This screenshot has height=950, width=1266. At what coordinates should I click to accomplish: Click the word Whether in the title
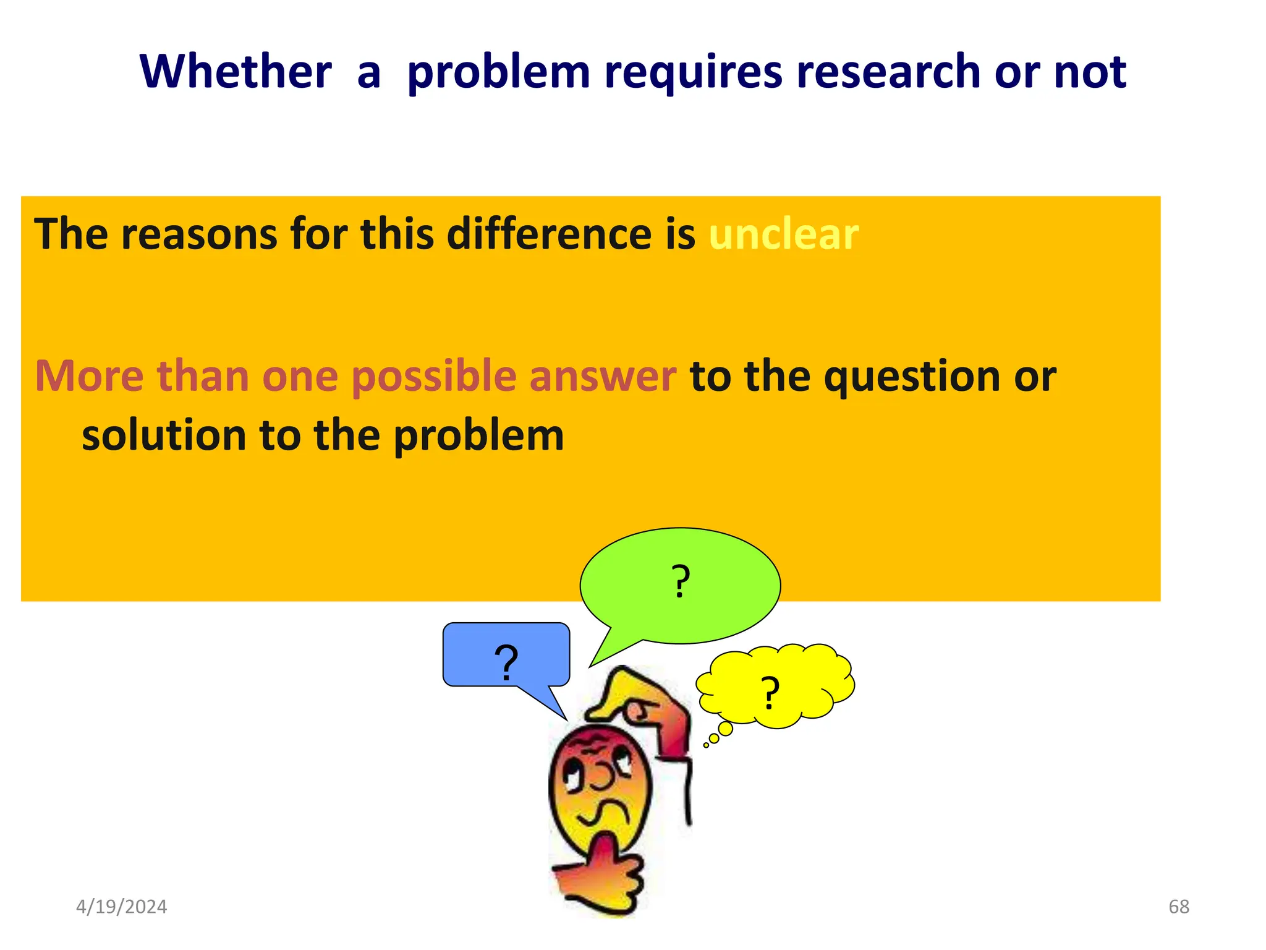point(236,72)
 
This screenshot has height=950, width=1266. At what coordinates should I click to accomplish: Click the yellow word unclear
point(783,234)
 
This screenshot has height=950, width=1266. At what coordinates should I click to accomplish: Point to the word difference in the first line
point(549,234)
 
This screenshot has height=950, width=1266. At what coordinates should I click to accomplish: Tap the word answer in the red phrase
point(603,376)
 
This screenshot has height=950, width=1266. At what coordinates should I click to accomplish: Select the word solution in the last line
point(164,435)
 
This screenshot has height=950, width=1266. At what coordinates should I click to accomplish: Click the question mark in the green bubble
point(680,582)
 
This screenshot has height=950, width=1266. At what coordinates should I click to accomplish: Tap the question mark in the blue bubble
point(506,662)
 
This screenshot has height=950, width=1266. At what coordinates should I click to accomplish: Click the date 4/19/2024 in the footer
point(121,907)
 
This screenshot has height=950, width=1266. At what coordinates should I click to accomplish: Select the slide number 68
point(1178,907)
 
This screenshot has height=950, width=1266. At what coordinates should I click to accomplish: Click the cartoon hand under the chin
point(603,878)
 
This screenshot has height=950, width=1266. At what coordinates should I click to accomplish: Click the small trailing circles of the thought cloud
point(717,736)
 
